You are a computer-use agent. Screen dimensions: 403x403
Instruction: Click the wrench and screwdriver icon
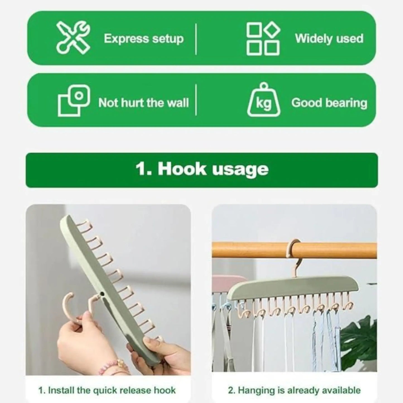coord(73,38)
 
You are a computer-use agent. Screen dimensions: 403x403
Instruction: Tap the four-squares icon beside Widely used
coord(263,39)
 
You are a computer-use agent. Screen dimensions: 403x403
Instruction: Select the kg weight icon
coord(264,100)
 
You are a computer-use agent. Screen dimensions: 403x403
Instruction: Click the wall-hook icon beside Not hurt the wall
coord(74,101)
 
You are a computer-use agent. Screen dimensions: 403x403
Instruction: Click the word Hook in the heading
coord(182,169)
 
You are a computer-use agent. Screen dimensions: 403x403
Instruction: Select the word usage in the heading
coord(240,170)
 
